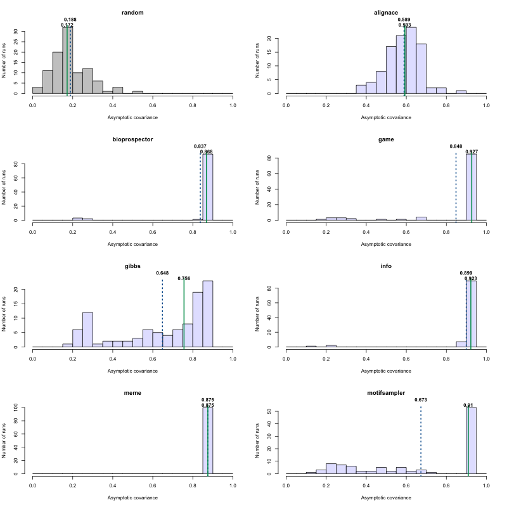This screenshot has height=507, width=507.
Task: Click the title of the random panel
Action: coord(132,13)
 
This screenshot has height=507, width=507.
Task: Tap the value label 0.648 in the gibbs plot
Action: coord(162,273)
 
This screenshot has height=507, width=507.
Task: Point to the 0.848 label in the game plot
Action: coord(456,146)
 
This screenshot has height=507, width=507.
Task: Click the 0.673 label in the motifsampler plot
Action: coord(421,400)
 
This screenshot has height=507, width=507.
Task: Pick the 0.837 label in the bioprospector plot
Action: coord(200,146)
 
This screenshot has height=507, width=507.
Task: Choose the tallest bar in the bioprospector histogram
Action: coord(208,187)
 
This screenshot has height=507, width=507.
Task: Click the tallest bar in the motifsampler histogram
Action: coord(472,440)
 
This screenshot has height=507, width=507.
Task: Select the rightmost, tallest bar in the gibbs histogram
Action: coord(208,314)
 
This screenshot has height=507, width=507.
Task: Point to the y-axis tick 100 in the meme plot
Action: coord(23,408)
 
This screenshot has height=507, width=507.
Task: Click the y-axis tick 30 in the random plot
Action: coord(23,32)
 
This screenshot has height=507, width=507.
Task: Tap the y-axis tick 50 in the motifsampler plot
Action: coord(277,411)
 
